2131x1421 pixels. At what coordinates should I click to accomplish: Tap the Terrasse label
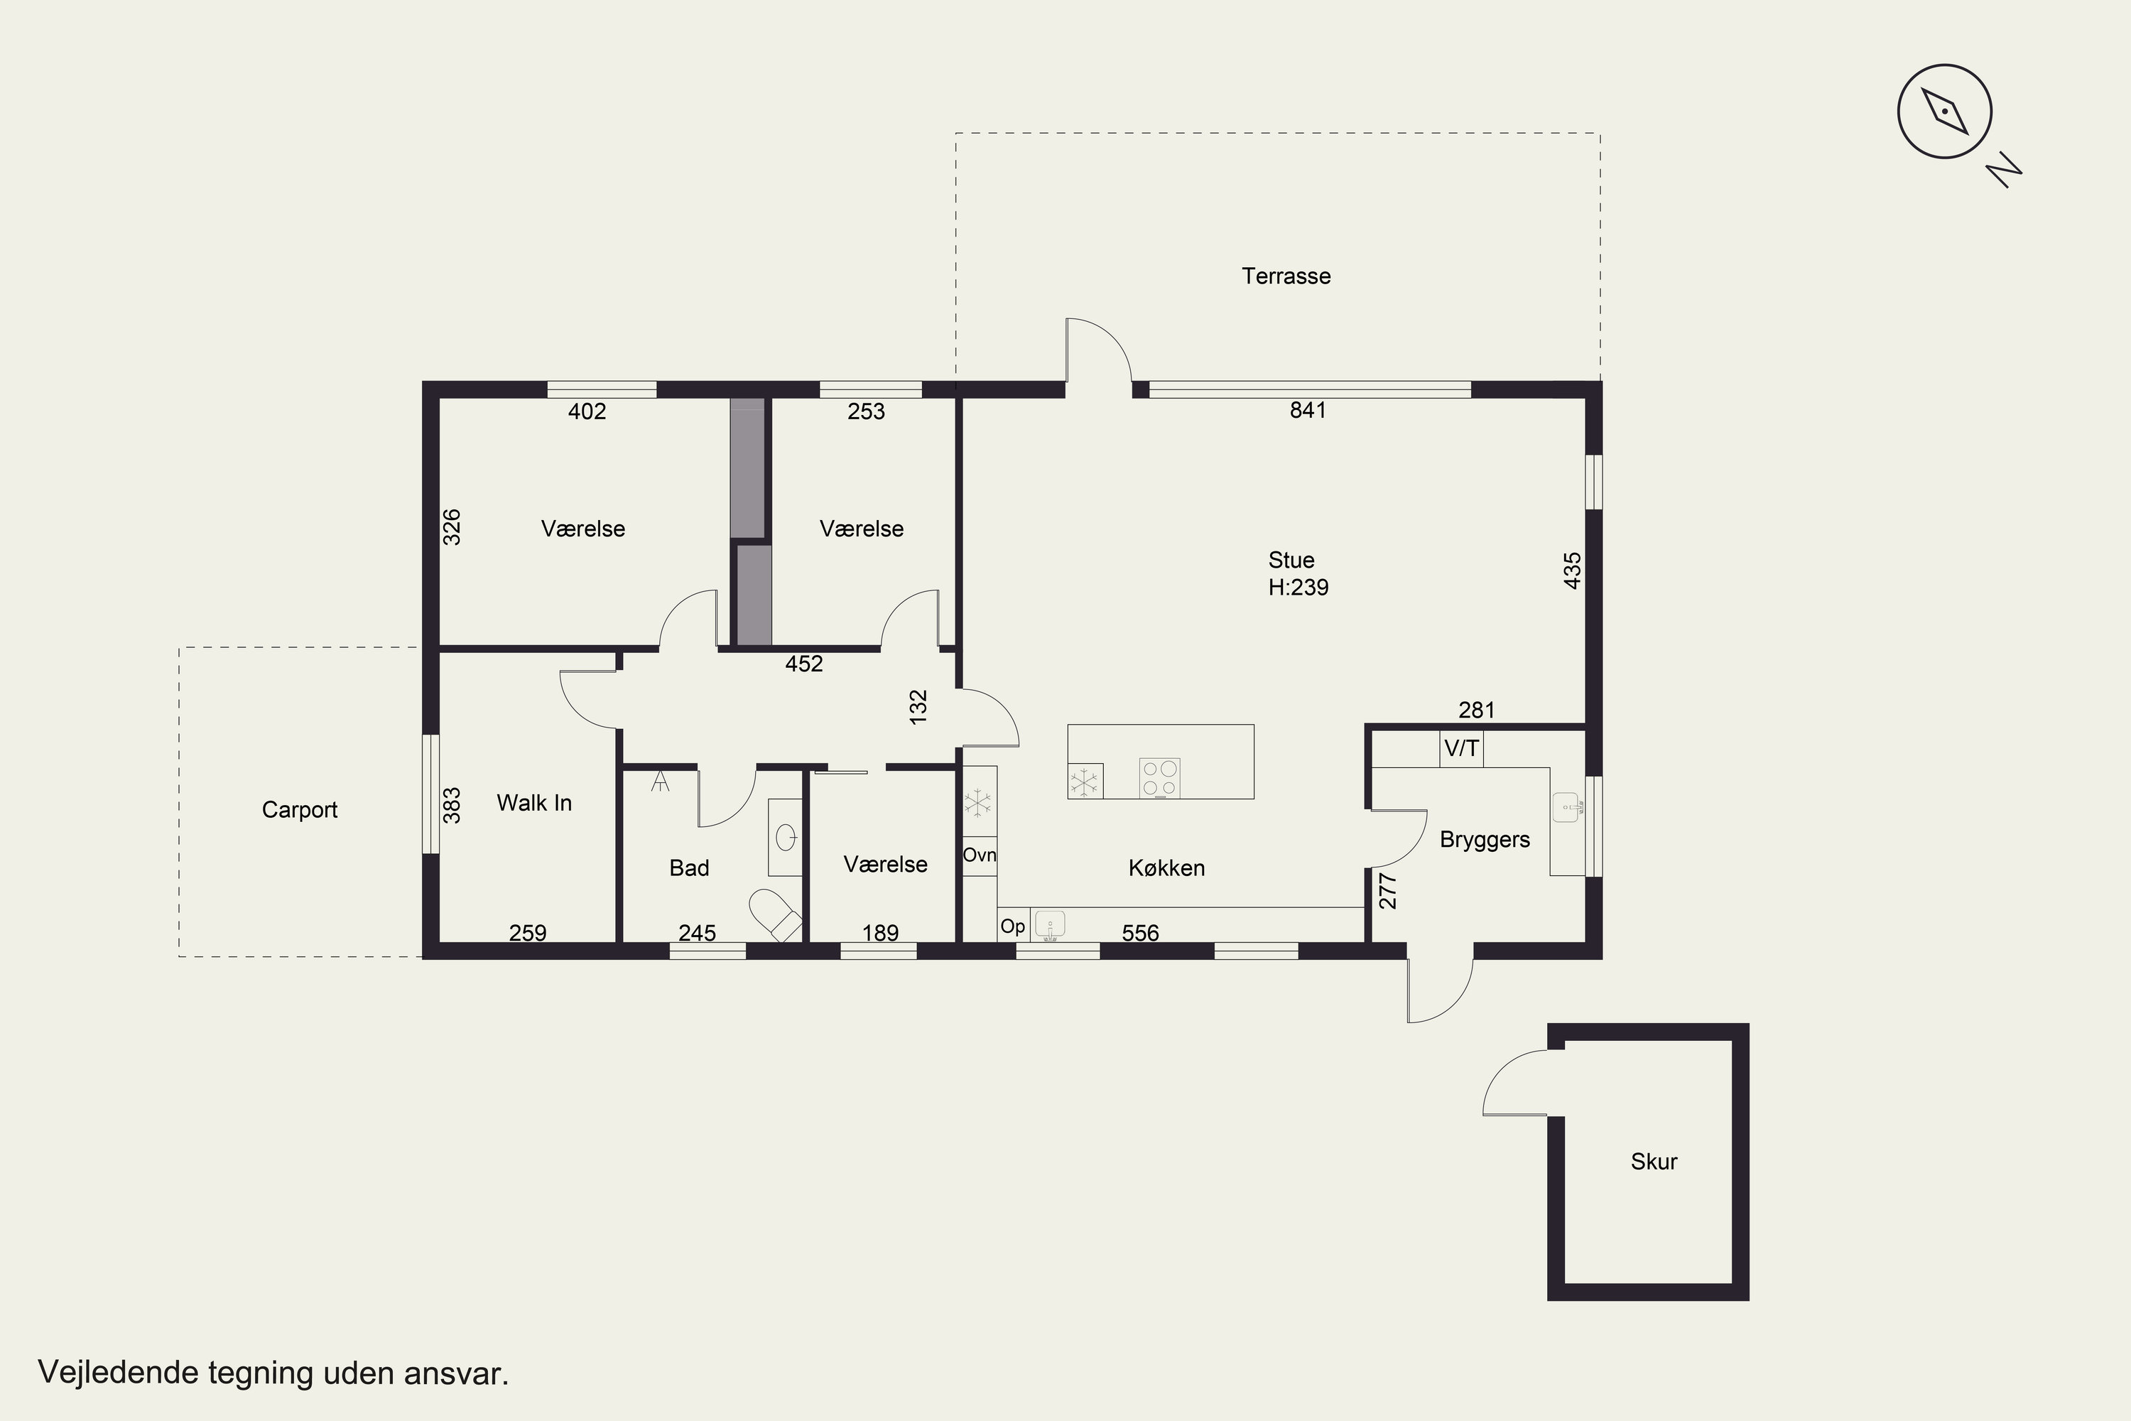(1286, 276)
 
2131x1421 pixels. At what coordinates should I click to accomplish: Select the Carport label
(299, 810)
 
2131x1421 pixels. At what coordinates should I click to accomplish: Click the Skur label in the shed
(1654, 1162)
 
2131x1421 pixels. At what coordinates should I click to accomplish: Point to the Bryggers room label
(1484, 840)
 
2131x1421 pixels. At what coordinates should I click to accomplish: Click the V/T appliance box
(1461, 749)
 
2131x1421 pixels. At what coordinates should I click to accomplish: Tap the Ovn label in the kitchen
(980, 855)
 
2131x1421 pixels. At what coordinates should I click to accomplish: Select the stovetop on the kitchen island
(1160, 777)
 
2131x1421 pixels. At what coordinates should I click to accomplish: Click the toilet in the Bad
(776, 914)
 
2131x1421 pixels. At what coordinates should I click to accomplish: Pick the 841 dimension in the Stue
(1308, 411)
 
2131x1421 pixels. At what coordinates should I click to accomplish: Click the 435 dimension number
(1573, 571)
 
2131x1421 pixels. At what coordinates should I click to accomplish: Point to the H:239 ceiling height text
(1298, 588)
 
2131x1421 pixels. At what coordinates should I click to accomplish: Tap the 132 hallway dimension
(918, 707)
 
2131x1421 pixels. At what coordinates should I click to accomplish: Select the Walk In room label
(533, 803)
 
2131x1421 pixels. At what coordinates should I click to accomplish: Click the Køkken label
(1166, 868)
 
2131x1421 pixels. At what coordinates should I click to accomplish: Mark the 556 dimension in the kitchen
(1140, 934)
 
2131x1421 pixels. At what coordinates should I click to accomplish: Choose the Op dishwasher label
(1012, 927)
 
